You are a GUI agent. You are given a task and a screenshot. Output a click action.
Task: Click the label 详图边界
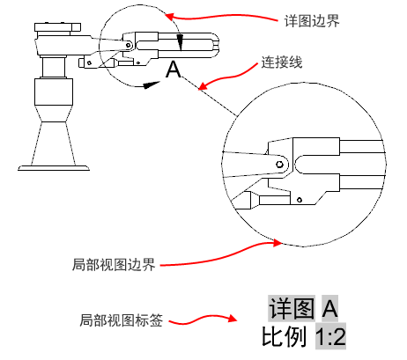(312, 21)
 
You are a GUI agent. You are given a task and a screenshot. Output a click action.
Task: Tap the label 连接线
(282, 62)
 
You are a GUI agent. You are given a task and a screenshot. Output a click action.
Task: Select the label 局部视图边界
(114, 264)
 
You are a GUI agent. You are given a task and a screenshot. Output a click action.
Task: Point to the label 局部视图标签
(121, 320)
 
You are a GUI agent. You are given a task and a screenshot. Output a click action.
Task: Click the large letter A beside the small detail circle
(174, 70)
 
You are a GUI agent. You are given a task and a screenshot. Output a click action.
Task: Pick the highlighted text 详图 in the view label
(292, 308)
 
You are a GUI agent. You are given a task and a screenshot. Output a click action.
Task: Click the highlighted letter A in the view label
(329, 308)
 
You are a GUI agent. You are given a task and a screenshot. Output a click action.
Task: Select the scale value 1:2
(330, 336)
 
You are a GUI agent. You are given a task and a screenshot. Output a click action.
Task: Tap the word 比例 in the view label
(285, 336)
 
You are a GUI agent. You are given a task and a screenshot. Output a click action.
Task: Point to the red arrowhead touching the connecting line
(203, 85)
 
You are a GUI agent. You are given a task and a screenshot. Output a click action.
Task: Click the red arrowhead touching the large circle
(277, 242)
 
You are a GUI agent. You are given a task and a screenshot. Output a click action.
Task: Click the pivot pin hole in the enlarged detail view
(279, 164)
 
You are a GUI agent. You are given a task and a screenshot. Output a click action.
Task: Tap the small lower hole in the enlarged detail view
(300, 200)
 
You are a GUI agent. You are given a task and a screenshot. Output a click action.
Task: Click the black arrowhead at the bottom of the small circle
(152, 84)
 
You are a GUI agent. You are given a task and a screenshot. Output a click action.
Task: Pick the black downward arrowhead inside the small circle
(181, 42)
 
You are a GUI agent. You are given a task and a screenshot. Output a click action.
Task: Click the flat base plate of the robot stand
(54, 168)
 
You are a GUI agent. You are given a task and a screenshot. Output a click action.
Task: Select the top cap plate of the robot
(57, 27)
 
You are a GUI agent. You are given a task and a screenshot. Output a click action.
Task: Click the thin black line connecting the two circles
(210, 96)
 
